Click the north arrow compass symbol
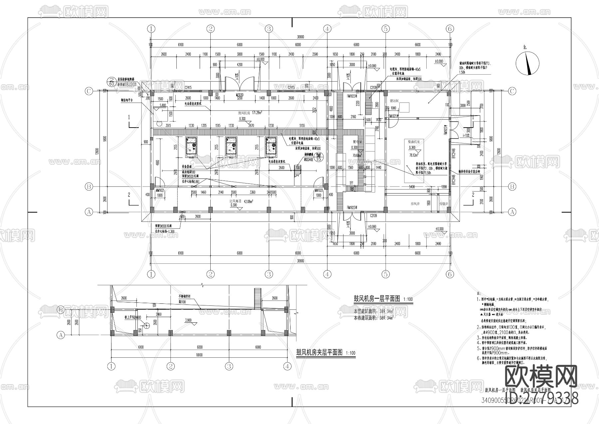(x=527, y=64)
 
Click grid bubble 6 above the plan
(x=450, y=29)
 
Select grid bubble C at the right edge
(x=512, y=91)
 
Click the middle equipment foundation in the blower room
(x=231, y=147)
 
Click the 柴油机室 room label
(x=414, y=142)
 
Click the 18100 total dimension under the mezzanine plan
(x=199, y=355)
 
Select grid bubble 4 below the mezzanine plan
(x=287, y=366)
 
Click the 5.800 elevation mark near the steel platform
(x=163, y=105)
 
